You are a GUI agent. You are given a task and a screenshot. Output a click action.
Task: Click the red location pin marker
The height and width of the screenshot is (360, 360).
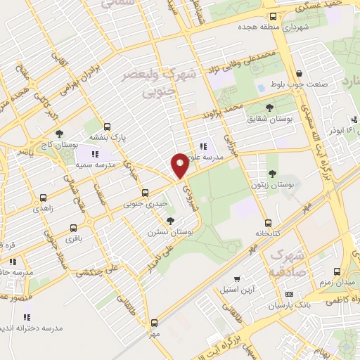click(180, 165)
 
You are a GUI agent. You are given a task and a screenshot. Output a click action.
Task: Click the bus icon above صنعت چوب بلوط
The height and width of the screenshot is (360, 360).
click(300, 73)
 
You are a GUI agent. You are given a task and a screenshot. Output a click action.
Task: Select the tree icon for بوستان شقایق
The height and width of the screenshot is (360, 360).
click(270, 108)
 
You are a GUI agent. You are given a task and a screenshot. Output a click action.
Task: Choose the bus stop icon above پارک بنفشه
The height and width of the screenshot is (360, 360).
click(107, 127)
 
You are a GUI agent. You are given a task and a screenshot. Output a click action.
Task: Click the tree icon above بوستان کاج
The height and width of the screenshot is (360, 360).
click(59, 133)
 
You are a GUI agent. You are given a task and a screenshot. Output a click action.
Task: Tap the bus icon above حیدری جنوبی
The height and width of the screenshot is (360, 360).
click(146, 193)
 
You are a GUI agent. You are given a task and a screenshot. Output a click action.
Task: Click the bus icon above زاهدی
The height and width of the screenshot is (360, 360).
click(44, 198)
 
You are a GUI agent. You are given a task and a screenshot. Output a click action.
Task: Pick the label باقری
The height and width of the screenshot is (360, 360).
click(73, 238)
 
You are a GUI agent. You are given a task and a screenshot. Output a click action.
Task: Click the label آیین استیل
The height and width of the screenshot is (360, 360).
click(237, 288)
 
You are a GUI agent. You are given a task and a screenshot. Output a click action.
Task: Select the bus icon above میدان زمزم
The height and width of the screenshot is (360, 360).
click(337, 271)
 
